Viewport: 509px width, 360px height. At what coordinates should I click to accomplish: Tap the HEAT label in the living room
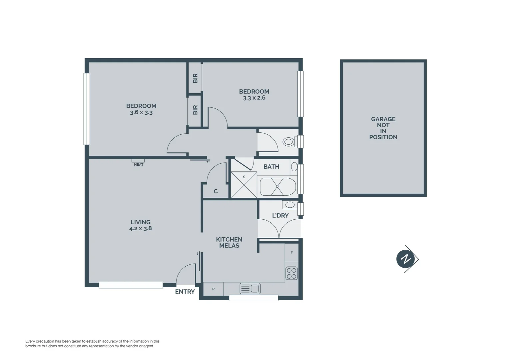click(139, 164)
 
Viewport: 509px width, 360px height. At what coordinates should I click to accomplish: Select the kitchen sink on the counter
click(250, 288)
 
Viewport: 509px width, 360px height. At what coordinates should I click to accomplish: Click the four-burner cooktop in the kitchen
click(291, 273)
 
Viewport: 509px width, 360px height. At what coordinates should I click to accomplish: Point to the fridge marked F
click(291, 253)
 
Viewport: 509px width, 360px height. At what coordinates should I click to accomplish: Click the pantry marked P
click(213, 289)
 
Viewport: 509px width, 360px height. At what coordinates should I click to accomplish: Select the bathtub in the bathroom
click(277, 187)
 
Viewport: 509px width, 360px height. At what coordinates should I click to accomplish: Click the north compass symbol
click(406, 259)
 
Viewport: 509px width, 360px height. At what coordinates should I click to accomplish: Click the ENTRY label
click(185, 292)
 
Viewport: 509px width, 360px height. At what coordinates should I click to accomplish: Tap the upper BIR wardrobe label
click(195, 78)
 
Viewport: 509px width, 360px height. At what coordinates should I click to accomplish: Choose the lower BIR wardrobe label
click(195, 110)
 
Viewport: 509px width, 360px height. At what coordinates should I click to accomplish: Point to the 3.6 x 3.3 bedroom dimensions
click(141, 113)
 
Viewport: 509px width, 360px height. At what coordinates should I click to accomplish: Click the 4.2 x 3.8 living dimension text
click(140, 229)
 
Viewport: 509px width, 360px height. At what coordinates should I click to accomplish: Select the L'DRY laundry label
click(280, 216)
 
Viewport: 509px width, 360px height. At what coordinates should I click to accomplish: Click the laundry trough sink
click(289, 205)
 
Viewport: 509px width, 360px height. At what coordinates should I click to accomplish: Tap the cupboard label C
click(216, 191)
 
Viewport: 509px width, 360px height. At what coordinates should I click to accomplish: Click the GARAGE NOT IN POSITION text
click(383, 128)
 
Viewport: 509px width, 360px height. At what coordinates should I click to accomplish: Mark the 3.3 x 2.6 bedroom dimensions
click(254, 98)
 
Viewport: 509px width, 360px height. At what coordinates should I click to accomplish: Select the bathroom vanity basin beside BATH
click(294, 166)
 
